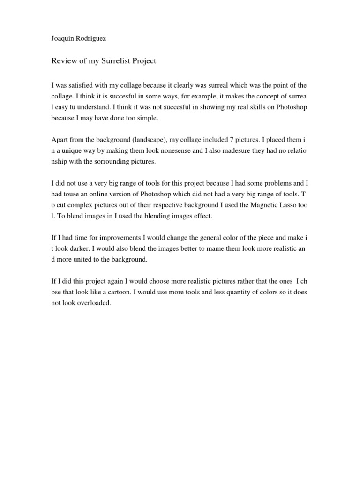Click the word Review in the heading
[63, 61]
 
